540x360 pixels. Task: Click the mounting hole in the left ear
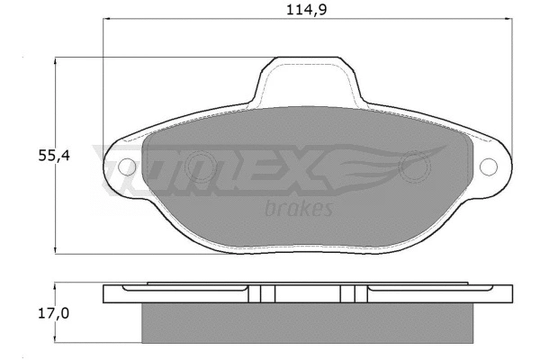click(126, 166)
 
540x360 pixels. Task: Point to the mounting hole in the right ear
click(489, 167)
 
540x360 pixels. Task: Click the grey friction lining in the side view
click(306, 323)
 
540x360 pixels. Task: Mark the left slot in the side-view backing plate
click(260, 294)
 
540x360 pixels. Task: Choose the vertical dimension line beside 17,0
click(58, 315)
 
